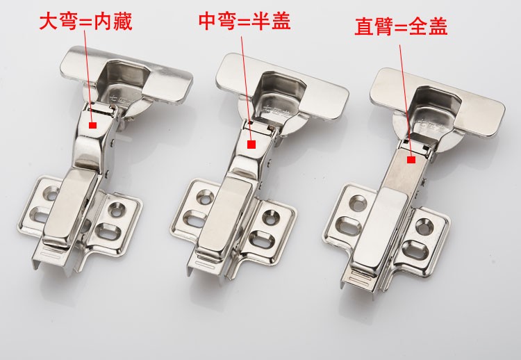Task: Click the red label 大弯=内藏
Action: pos(85,22)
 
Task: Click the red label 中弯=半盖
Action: pos(245,21)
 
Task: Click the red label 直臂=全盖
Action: pos(401,26)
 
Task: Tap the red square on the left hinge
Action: pos(92,125)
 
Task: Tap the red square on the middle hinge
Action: pos(251,145)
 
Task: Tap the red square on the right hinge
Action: pos(411,160)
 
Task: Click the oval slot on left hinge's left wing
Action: pos(39,215)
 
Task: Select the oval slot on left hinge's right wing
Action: pos(106,231)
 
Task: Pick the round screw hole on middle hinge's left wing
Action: pos(204,197)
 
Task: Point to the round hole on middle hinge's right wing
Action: pos(269,217)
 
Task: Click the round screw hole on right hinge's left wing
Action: pos(358,203)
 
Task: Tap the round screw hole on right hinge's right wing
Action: pos(424,226)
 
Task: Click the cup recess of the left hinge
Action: pos(122,79)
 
